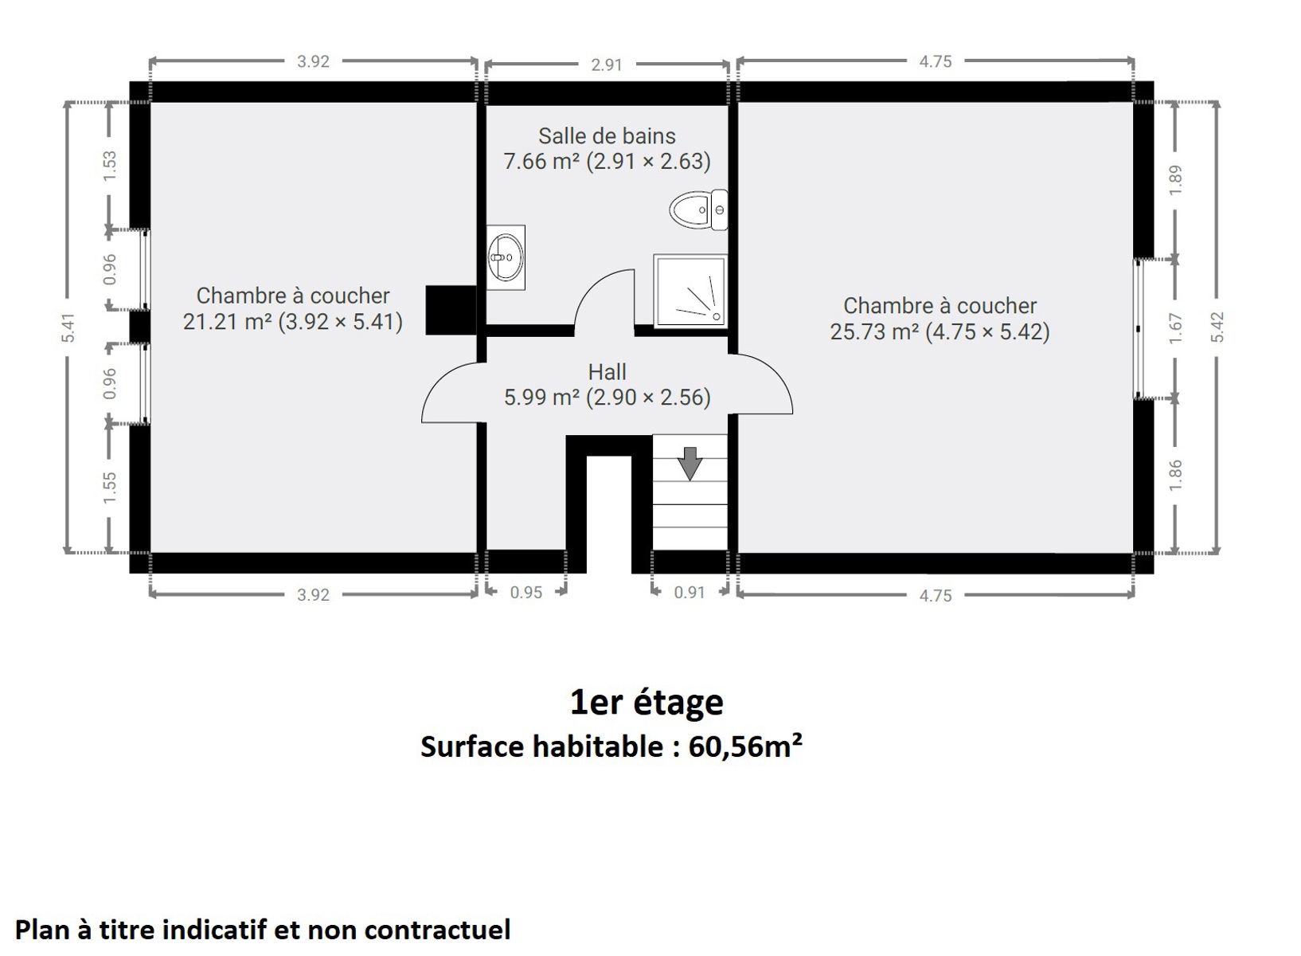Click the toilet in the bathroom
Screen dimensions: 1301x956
698,210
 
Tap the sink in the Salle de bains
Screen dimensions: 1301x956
506,257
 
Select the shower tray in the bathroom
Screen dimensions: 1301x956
690,291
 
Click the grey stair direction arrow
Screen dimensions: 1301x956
690,463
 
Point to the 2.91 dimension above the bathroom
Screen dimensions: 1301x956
607,65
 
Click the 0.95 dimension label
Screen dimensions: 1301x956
526,592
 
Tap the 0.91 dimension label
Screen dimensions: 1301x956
690,592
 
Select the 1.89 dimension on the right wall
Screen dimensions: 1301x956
1175,180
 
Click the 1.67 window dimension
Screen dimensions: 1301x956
1175,328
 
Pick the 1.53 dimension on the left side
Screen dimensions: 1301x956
110,166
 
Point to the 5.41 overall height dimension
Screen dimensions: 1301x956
68,327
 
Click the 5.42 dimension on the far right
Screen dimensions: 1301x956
1217,327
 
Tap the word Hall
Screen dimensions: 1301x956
607,372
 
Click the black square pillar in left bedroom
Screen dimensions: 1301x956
451,310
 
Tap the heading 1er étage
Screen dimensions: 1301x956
647,703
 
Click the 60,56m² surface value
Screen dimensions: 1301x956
745,746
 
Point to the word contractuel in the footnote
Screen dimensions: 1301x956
438,929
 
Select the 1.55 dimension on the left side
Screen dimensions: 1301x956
110,488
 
